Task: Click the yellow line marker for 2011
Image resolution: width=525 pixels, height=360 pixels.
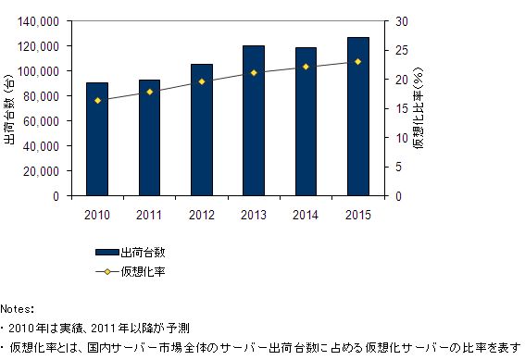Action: coord(149,92)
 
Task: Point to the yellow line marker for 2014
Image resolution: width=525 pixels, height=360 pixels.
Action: coord(306,67)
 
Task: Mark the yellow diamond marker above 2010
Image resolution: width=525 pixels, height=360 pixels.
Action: coord(96,100)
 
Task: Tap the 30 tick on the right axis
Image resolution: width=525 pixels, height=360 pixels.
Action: coord(399,20)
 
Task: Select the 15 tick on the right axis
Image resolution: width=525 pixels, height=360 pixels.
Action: coord(399,108)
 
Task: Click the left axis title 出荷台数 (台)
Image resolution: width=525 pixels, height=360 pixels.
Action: coord(10,108)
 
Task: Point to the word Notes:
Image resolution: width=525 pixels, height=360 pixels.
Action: coord(18,307)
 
